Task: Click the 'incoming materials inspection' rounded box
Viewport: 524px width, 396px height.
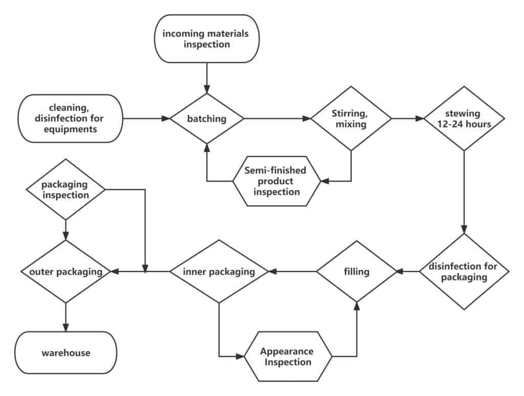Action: click(x=206, y=38)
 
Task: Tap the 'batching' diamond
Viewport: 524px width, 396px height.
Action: click(x=206, y=119)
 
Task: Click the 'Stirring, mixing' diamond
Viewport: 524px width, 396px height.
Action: click(x=351, y=118)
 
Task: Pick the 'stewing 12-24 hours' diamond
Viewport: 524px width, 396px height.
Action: click(x=464, y=118)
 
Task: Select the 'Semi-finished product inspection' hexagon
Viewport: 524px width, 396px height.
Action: click(x=277, y=181)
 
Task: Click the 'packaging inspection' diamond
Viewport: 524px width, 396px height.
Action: click(x=65, y=189)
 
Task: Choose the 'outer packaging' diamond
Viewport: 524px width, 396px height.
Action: click(x=65, y=272)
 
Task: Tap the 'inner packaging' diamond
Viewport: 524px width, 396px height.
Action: click(x=219, y=272)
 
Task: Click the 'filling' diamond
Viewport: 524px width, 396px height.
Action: click(x=357, y=272)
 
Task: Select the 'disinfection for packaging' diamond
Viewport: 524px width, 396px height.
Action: click(x=464, y=272)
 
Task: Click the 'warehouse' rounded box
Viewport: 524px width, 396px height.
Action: click(x=66, y=353)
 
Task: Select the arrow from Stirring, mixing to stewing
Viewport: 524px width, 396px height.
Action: click(x=407, y=119)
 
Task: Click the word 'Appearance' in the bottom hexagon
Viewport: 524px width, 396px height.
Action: click(x=287, y=351)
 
